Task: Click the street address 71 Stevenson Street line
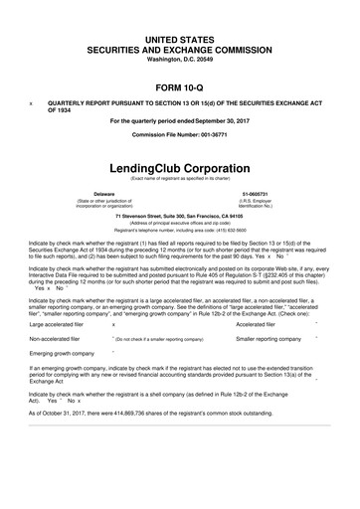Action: [x=179, y=216]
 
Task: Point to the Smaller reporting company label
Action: [x=268, y=339]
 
